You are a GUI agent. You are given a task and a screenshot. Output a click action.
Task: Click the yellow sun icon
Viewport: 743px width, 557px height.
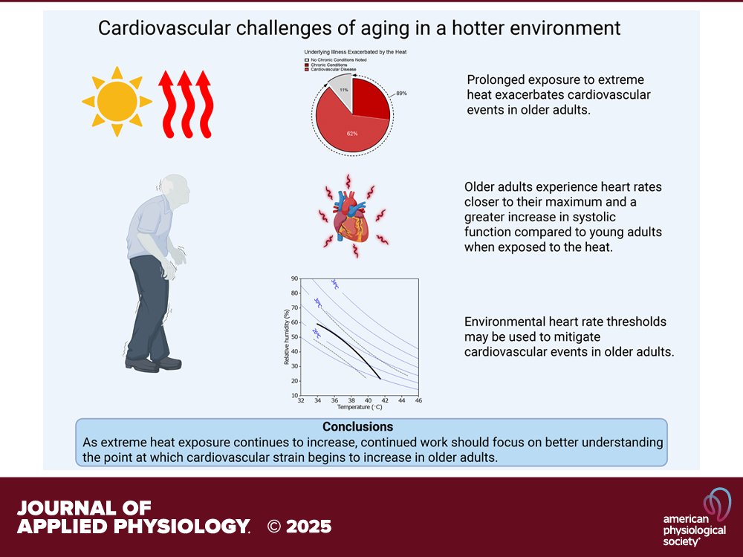117,101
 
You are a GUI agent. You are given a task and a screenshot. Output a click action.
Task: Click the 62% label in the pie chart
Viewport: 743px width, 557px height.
352,133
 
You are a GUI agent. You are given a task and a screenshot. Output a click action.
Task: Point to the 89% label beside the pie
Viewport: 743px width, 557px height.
401,94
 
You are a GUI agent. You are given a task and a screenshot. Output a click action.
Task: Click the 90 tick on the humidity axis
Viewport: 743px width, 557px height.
294,279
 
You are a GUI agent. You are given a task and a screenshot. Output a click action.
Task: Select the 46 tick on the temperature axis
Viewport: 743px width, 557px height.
418,401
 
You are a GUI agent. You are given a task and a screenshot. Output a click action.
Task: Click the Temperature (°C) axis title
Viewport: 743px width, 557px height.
360,408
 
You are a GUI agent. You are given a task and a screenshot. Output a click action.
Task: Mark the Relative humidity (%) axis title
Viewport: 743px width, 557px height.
286,337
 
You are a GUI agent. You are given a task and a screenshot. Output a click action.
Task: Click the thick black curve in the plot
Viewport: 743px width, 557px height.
349,346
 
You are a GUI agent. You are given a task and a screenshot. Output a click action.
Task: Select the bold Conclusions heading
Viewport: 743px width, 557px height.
358,427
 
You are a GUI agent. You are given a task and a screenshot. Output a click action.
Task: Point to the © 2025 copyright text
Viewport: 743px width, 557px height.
299,527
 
